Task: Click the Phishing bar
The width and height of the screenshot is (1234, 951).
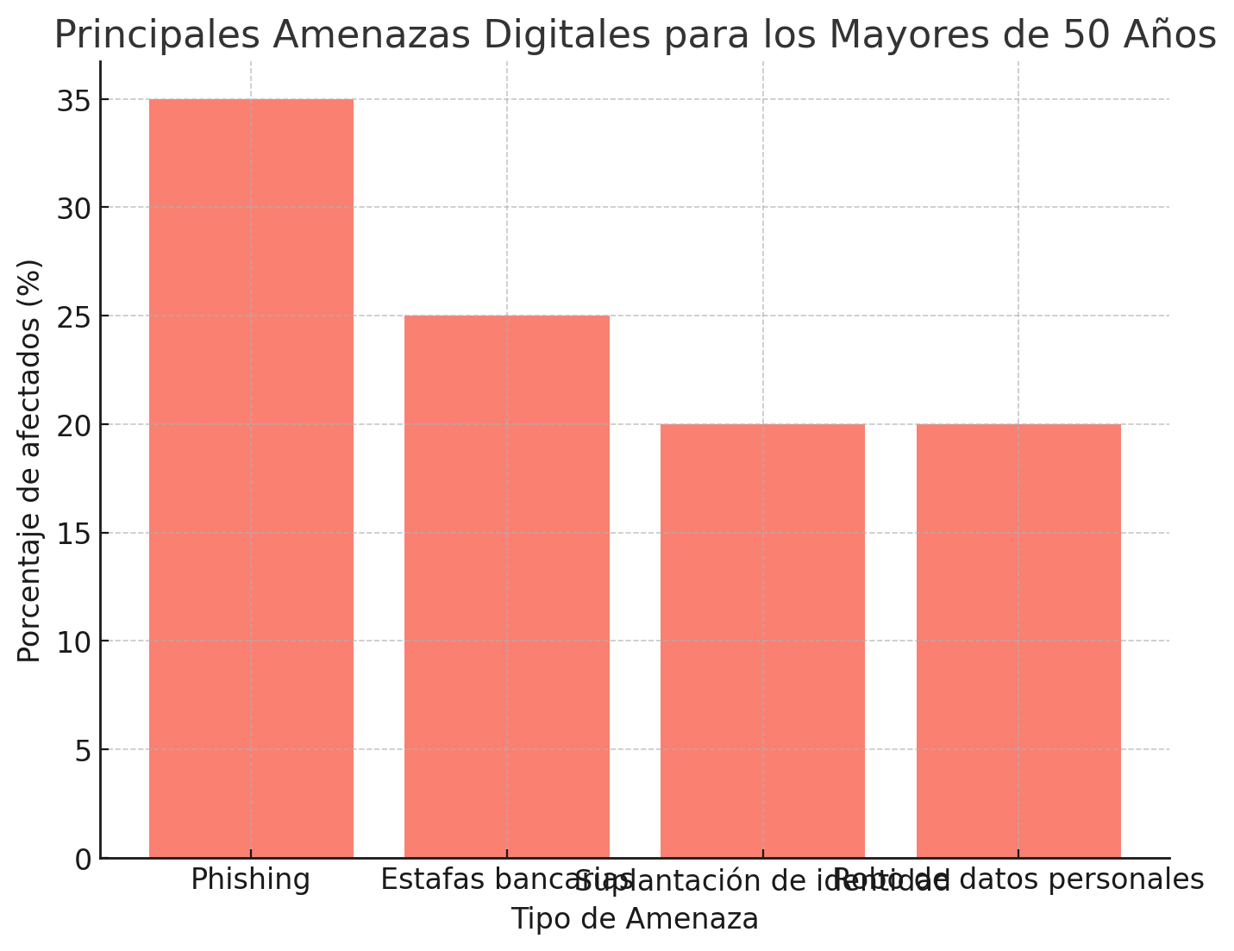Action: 251,479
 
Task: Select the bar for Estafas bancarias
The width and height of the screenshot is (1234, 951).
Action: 507,586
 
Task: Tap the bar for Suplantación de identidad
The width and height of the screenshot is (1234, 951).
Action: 762,641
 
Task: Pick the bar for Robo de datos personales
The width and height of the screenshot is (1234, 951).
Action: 1018,641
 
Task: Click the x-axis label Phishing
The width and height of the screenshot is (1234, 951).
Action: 251,879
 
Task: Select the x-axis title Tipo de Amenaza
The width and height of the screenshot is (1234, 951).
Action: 635,919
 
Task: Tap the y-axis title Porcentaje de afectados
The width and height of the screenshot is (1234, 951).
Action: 30,460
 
